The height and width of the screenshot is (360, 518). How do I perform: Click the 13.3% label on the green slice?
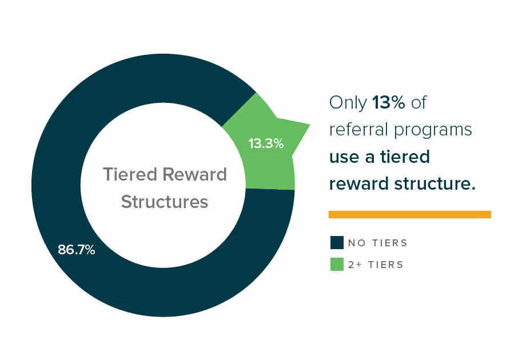click(266, 143)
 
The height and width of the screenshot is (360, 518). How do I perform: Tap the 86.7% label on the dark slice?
click(76, 250)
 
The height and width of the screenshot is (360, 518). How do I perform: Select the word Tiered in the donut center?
click(130, 174)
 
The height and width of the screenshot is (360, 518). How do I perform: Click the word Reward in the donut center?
click(195, 174)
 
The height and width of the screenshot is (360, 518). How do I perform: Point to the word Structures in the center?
click(165, 202)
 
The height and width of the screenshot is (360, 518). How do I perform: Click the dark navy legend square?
click(337, 242)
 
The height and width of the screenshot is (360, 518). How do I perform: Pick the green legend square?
click(337, 264)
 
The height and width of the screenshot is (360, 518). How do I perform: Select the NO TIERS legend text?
click(377, 243)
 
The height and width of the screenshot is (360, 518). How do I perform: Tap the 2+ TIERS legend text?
click(376, 265)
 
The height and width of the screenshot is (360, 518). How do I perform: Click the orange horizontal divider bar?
click(409, 214)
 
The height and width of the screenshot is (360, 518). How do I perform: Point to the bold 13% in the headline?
click(389, 102)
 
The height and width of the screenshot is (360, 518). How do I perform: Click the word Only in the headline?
click(348, 103)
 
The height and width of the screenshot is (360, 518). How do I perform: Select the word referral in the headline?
click(358, 129)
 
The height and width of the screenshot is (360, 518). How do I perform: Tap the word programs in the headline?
click(433, 130)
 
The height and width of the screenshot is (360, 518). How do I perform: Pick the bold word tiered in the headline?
click(405, 156)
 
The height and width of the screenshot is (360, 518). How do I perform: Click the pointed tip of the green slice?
click(309, 125)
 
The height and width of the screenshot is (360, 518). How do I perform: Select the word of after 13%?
click(419, 102)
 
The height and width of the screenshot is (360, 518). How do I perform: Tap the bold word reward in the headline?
click(358, 183)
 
